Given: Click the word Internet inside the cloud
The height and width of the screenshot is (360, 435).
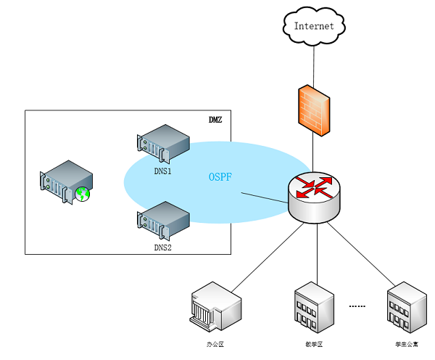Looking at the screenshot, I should tap(314, 26).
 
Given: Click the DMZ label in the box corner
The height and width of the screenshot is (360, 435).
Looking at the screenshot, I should tap(215, 119).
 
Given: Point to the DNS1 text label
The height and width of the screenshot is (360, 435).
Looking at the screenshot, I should tap(162, 171).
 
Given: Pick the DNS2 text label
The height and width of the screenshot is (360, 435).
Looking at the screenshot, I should tap(162, 247).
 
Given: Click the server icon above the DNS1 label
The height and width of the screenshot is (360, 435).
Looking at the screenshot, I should tap(163, 144).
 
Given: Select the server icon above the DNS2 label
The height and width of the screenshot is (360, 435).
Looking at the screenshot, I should tap(163, 221).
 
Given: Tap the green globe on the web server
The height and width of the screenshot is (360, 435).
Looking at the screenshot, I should tap(83, 194).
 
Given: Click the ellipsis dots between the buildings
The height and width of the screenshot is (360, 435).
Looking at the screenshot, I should tap(357, 307).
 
